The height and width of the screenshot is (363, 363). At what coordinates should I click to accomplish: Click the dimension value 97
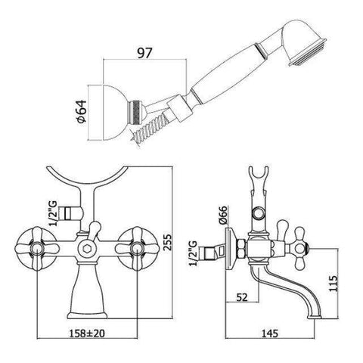(144, 53)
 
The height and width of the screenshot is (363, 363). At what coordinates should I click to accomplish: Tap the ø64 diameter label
(82, 111)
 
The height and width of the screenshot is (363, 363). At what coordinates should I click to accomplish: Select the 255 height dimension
(166, 242)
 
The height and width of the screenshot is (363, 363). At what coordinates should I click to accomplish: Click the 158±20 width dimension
(87, 334)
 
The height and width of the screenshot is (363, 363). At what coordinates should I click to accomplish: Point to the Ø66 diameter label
(223, 215)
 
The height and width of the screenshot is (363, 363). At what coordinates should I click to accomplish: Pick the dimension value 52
(242, 297)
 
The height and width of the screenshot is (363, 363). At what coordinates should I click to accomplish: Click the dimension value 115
(333, 284)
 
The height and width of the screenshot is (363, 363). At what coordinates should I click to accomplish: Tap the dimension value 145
(269, 334)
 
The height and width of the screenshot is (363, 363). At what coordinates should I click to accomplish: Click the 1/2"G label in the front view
(53, 213)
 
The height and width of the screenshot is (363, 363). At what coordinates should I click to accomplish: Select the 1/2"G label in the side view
(193, 253)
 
